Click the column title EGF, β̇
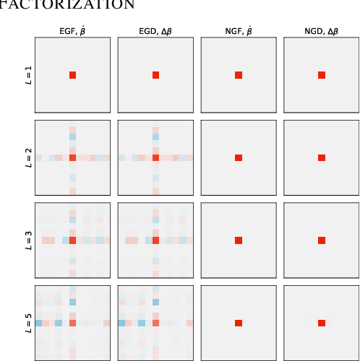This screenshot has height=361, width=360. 72,31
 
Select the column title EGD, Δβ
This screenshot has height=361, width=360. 155,31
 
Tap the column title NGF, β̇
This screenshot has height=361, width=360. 238,31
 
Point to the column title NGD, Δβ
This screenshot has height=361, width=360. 321,31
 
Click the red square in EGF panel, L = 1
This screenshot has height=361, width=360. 72,75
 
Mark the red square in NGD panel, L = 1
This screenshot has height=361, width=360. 321,75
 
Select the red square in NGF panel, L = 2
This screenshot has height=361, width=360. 238,157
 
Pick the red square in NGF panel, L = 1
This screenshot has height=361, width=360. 238,75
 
